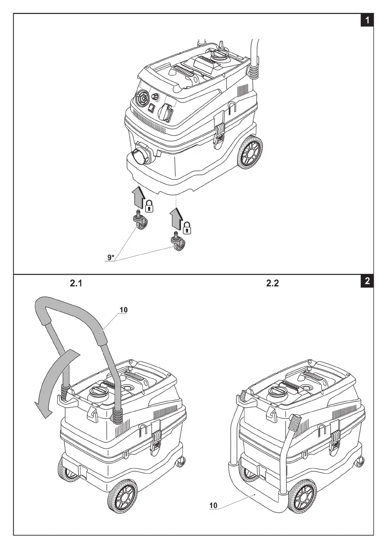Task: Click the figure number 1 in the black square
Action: (x=367, y=20)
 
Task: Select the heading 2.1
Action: (x=76, y=284)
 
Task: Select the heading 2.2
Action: (x=273, y=284)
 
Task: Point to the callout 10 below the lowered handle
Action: (x=214, y=505)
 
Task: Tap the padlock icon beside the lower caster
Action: (x=187, y=227)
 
